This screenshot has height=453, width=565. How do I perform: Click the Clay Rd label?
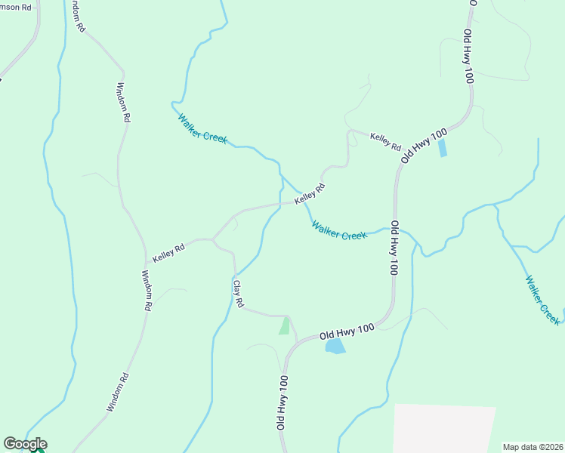[x=238, y=294]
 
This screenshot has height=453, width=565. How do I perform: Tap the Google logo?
[x=25, y=444]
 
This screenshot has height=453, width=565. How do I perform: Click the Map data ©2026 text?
[x=533, y=446]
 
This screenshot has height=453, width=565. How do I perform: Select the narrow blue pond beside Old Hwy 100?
[x=442, y=147]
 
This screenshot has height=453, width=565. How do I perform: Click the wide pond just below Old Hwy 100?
[x=335, y=346]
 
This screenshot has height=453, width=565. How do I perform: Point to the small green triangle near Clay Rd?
[x=284, y=326]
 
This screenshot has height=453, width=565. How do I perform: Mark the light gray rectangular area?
[x=443, y=428]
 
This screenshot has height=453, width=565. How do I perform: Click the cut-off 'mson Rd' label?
[x=16, y=8]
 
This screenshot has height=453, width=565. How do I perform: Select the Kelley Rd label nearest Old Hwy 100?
[x=385, y=140]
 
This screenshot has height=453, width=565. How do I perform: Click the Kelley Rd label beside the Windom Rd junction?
[x=168, y=253]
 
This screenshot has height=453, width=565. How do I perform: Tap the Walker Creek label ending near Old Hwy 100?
[x=338, y=230]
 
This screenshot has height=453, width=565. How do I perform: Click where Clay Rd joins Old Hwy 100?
[x=296, y=341]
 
